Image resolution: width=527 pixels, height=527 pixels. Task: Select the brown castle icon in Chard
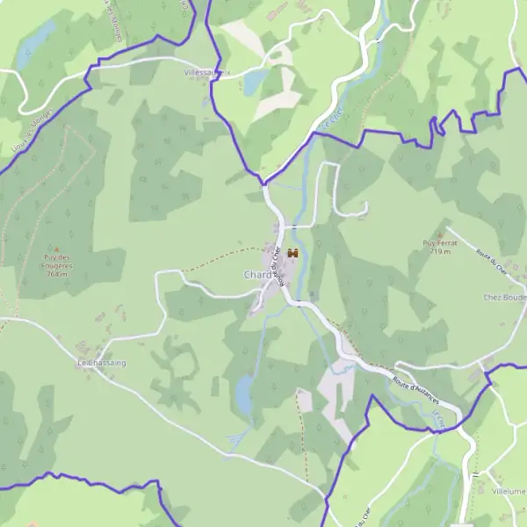click(293, 253)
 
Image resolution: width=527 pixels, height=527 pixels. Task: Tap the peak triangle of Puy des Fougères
click(58, 249)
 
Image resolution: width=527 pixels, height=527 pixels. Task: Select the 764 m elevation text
click(58, 274)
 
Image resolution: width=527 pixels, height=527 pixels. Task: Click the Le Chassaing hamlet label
click(102, 363)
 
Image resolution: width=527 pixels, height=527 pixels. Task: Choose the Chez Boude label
click(504, 297)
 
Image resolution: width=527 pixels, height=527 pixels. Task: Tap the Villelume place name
click(509, 492)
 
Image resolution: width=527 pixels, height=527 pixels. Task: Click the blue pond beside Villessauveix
click(254, 83)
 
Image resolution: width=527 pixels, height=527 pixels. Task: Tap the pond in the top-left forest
click(37, 40)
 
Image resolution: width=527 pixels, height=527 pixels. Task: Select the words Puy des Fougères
click(58, 262)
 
